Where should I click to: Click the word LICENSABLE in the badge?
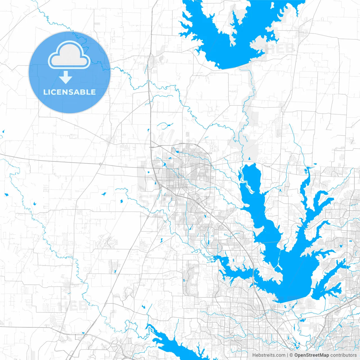tap(69, 92)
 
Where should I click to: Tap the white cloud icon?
tap(69, 55)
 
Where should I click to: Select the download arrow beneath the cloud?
tap(66, 77)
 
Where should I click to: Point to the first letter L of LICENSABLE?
tap(45, 92)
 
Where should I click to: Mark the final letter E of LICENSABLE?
tap(93, 92)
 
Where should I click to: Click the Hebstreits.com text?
tap(269, 355)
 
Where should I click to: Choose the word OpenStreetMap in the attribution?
tap(312, 355)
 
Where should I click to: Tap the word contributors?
tap(343, 355)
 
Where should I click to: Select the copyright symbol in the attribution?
tap(291, 355)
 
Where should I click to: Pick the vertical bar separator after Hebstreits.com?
tap(287, 355)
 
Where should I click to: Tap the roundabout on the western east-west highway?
tap(100, 164)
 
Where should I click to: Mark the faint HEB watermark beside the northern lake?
tap(280, 48)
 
